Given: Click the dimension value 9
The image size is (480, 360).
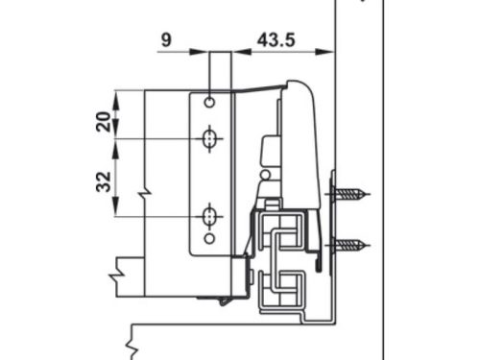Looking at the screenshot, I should [167, 40].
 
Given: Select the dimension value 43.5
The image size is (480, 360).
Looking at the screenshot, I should [276, 40].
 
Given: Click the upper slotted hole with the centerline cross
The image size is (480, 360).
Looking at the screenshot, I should [209, 139].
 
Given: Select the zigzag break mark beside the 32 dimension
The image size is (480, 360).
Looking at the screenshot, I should [144, 196].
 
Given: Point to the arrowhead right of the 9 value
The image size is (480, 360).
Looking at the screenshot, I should [204, 52].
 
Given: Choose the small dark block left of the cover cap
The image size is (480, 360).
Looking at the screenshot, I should [269, 151].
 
